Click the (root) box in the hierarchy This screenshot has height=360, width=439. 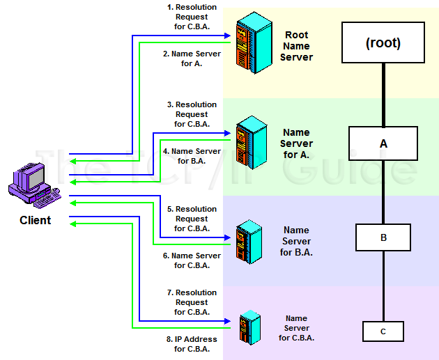pos(383,42)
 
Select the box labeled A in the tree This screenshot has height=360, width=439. pos(383,143)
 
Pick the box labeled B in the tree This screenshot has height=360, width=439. pos(383,237)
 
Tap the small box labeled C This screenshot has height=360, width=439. pos(383,331)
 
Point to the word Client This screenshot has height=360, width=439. pos(35,221)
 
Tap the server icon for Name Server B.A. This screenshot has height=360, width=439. pos(248,240)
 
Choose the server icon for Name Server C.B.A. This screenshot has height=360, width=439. pos(249,327)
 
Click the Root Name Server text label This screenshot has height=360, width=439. pos(296,46)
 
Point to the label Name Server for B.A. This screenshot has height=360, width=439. pos(296,241)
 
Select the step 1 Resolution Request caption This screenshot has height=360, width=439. pos(191,17)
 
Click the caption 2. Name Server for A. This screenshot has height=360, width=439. pos(191,58)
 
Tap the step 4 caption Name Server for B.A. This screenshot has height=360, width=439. pos(191,156)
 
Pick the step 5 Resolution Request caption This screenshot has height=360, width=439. pos(191,219)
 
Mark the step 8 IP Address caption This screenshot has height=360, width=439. pos(191,344)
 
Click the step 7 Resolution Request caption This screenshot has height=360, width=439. pos(191,302)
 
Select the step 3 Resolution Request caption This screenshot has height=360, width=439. pos(191,114)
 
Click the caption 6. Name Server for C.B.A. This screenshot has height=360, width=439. pos(191,260)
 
